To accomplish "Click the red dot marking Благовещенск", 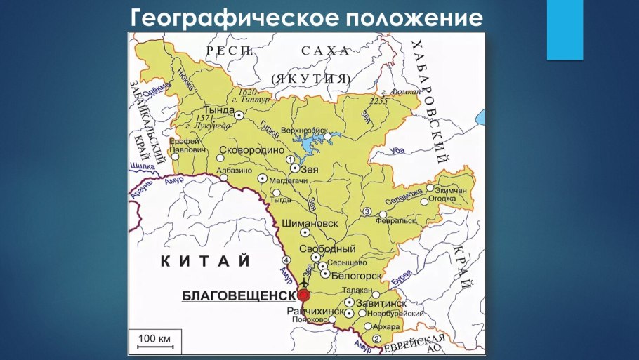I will pyautogui.click(x=303, y=295).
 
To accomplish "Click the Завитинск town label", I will pyautogui.click(x=381, y=303).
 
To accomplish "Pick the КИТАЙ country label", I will pyautogui.click(x=206, y=261).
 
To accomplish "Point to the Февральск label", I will pyautogui.click(x=397, y=220).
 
